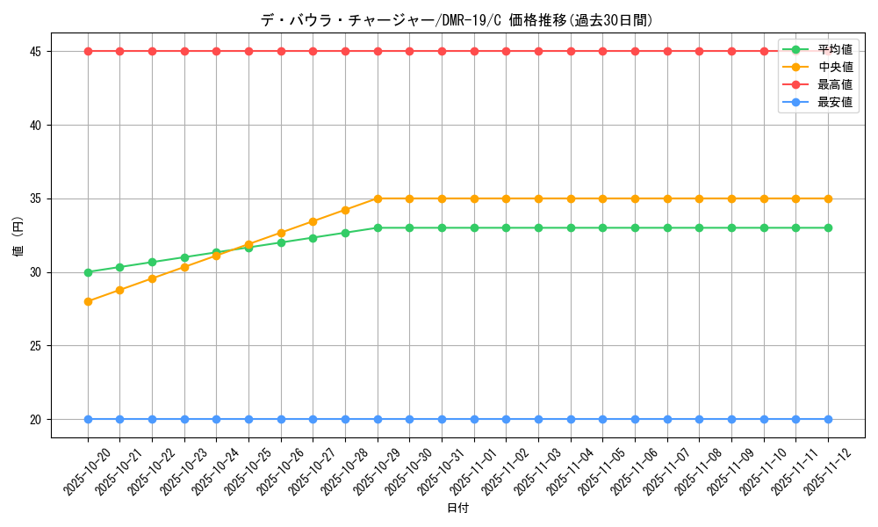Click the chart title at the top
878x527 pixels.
point(457,20)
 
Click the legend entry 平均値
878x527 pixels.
point(834,49)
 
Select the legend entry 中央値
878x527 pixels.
point(834,67)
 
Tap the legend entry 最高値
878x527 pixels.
point(834,84)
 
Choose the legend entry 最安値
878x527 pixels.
point(834,102)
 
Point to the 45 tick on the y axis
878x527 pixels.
point(37,51)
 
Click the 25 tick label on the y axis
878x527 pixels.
point(37,346)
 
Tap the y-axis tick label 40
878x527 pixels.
point(37,125)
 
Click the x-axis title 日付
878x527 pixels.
point(457,509)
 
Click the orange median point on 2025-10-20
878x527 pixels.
point(88,301)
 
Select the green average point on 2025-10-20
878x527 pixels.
point(88,272)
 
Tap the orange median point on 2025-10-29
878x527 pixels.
point(378,199)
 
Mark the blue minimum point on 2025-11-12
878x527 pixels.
point(828,419)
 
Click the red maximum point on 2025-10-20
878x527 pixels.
point(88,51)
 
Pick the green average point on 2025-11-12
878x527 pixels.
point(828,227)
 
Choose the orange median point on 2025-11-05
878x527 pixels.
point(602,199)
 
